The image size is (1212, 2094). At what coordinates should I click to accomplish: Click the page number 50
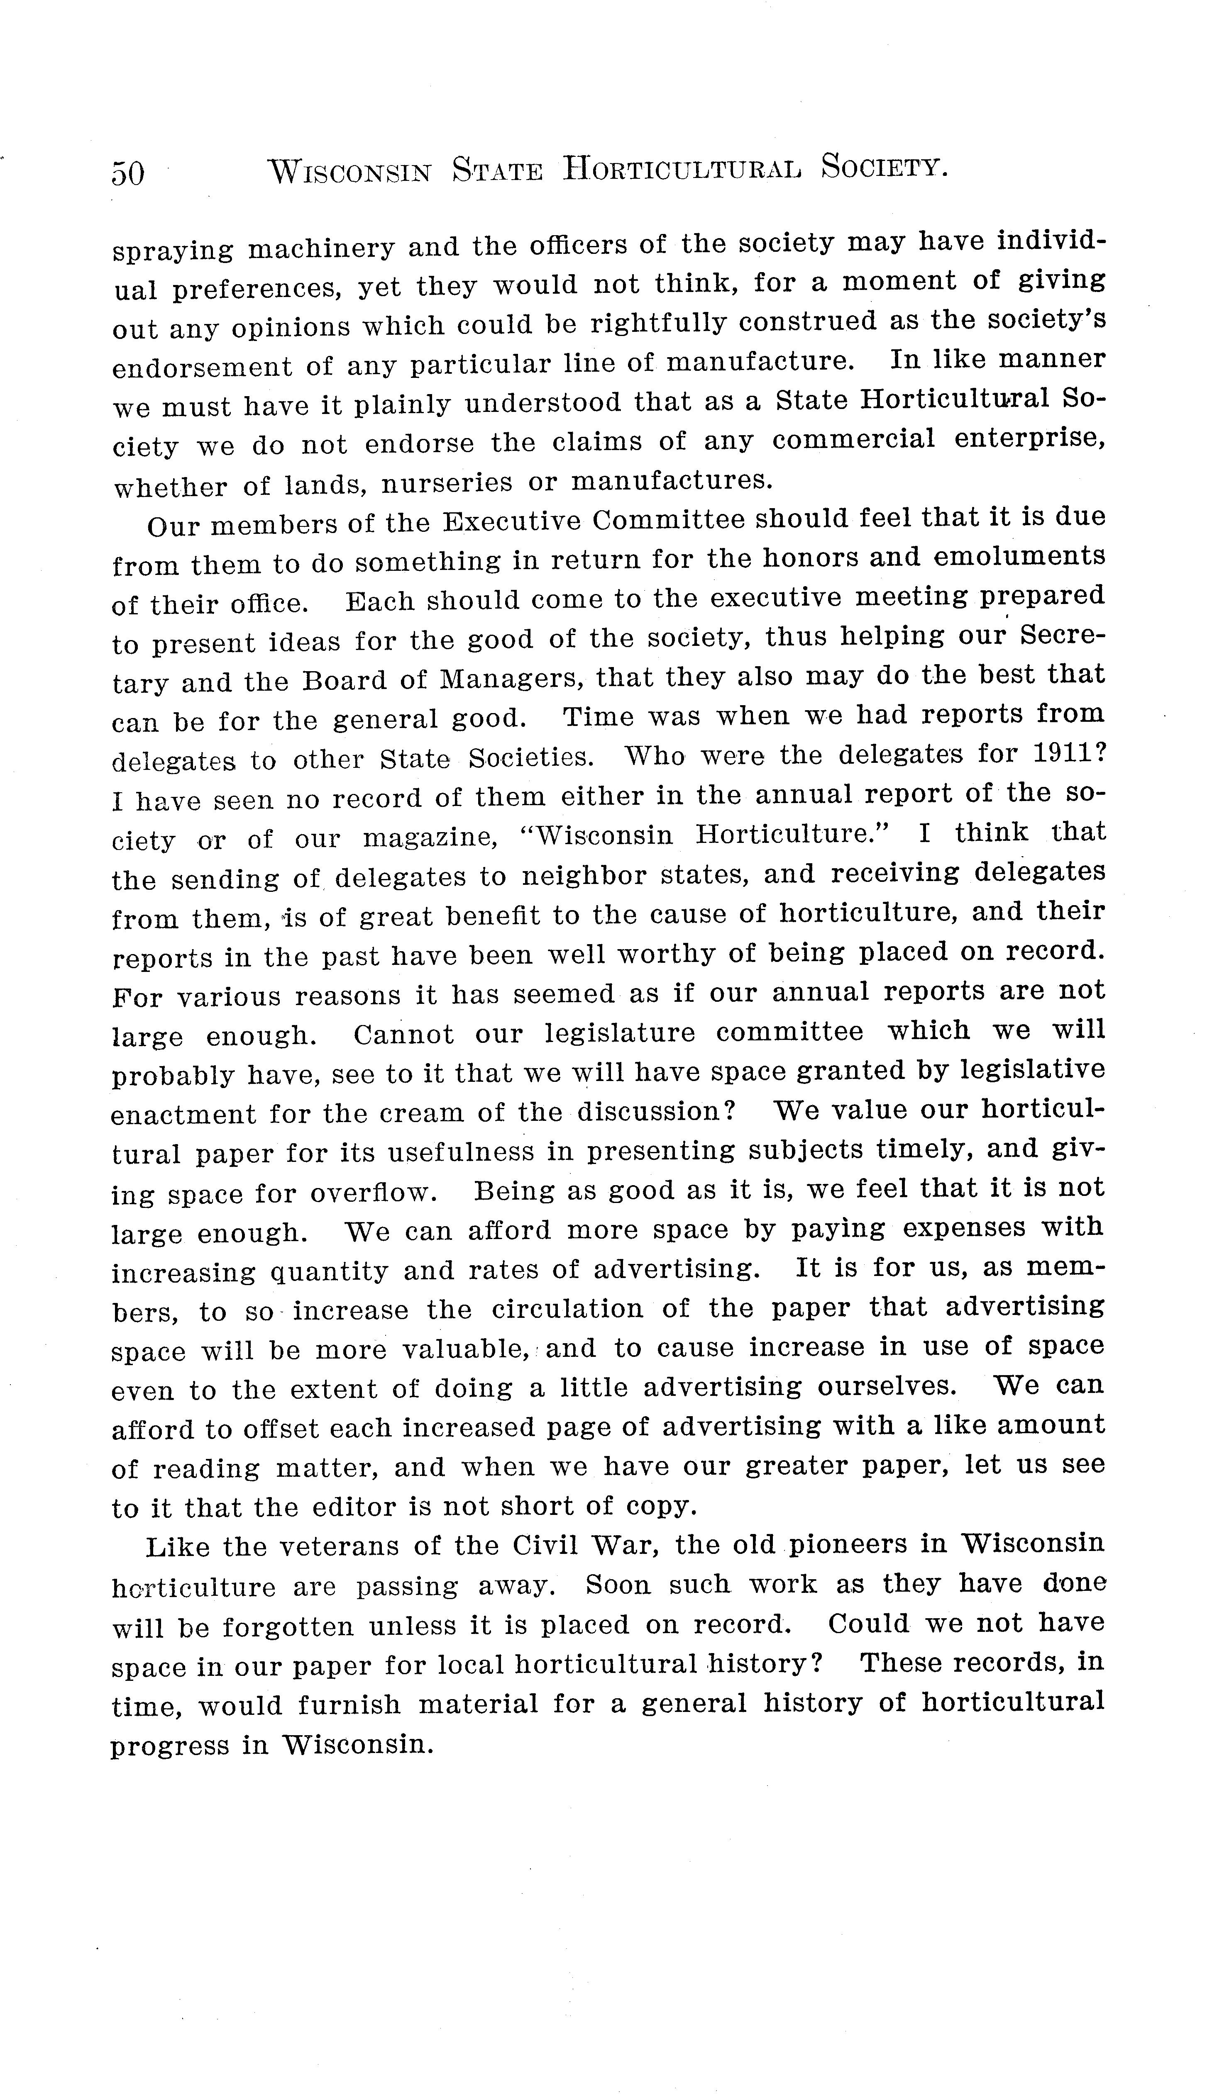pyautogui.click(x=128, y=173)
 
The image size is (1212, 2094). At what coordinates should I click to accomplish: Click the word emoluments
pyautogui.click(x=1020, y=556)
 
